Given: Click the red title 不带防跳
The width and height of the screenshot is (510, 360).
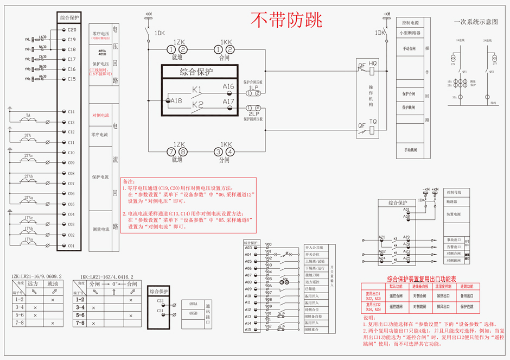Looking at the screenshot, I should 286,20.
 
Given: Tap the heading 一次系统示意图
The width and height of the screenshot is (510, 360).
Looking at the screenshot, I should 475,22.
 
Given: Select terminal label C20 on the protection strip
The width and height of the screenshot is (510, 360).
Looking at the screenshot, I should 72,29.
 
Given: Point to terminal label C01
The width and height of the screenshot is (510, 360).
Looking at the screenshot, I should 71,246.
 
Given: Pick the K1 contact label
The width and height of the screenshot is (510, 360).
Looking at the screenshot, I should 197,89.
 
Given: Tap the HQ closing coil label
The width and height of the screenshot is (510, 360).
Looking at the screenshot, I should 372,64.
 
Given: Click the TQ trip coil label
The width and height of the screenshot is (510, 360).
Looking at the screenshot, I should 372,122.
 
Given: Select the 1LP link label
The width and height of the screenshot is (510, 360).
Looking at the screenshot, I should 253,87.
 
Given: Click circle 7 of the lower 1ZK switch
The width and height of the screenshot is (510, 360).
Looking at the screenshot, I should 171,152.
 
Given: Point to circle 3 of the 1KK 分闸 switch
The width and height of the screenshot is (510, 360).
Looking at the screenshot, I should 218,152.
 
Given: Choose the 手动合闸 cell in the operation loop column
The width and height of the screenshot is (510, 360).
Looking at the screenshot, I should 409,48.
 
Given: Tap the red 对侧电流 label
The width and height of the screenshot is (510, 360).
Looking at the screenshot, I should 100,116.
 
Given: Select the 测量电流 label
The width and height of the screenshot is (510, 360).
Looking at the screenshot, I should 100,230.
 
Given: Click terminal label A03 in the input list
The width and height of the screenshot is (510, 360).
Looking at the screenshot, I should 248,248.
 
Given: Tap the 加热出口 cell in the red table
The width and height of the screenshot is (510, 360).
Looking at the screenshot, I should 443,296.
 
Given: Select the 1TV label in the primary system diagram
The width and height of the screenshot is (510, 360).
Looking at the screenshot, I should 453,64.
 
